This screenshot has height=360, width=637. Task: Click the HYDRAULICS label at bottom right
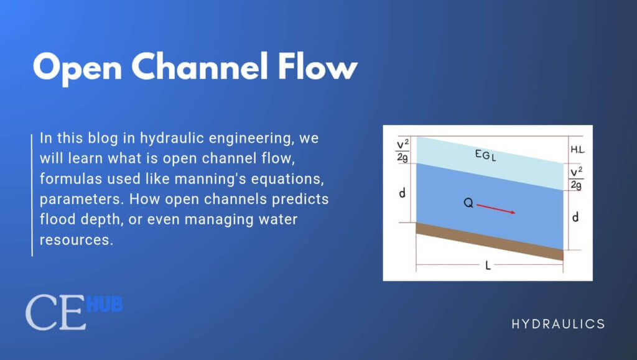pos(558,324)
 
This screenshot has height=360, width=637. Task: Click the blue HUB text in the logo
pos(105,305)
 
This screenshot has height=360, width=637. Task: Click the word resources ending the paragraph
pos(76,240)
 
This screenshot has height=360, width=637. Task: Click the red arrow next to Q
pos(496,208)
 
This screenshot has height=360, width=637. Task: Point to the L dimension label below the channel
pos(488,265)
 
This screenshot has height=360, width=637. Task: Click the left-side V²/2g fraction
pos(401,150)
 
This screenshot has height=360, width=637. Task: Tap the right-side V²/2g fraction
pos(577,178)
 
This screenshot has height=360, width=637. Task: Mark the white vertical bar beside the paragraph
pos(32,193)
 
